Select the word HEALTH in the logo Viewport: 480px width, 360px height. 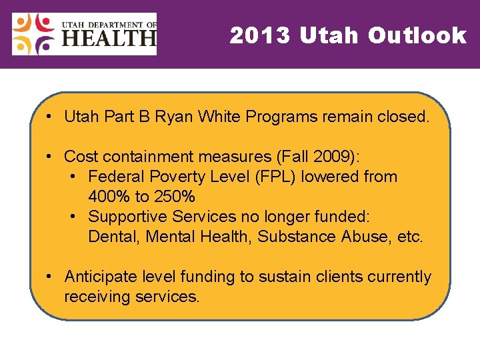109,41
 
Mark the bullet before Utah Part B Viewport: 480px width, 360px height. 50,117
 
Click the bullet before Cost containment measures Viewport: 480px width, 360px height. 50,157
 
